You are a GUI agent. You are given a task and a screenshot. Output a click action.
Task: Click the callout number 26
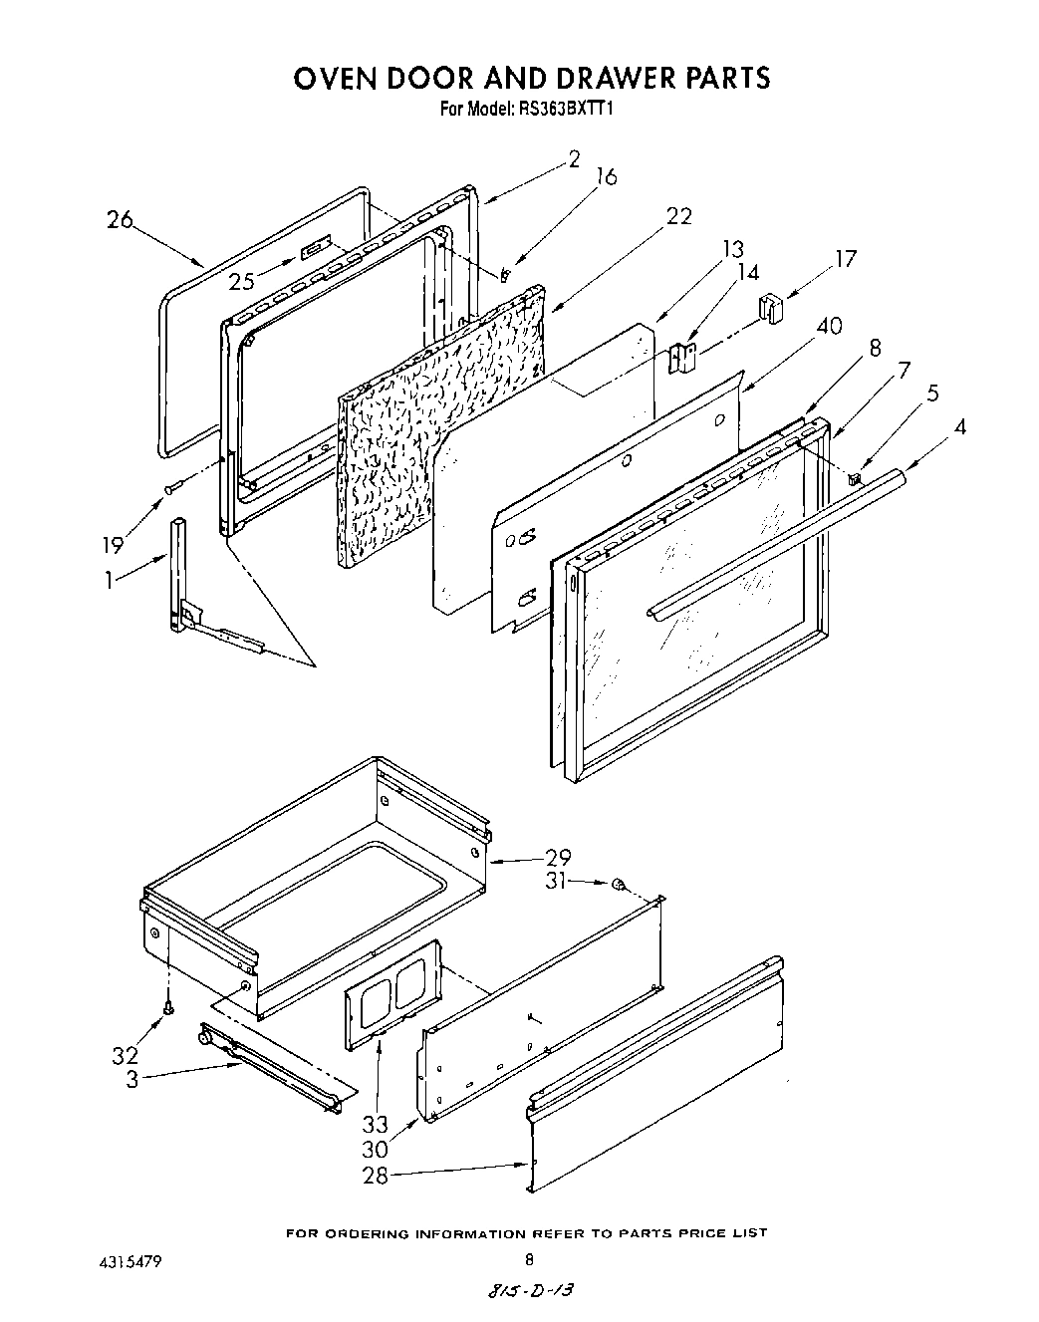pyautogui.click(x=120, y=220)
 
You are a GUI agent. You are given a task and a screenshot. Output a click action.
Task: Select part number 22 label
pyautogui.click(x=678, y=216)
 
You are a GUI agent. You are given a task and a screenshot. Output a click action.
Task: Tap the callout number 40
pyautogui.click(x=828, y=326)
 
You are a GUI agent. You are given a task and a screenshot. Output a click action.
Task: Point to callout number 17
pyautogui.click(x=845, y=259)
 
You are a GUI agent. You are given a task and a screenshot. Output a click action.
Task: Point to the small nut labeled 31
pyautogui.click(x=618, y=883)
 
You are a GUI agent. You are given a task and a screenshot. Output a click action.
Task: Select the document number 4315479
pyautogui.click(x=126, y=1261)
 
